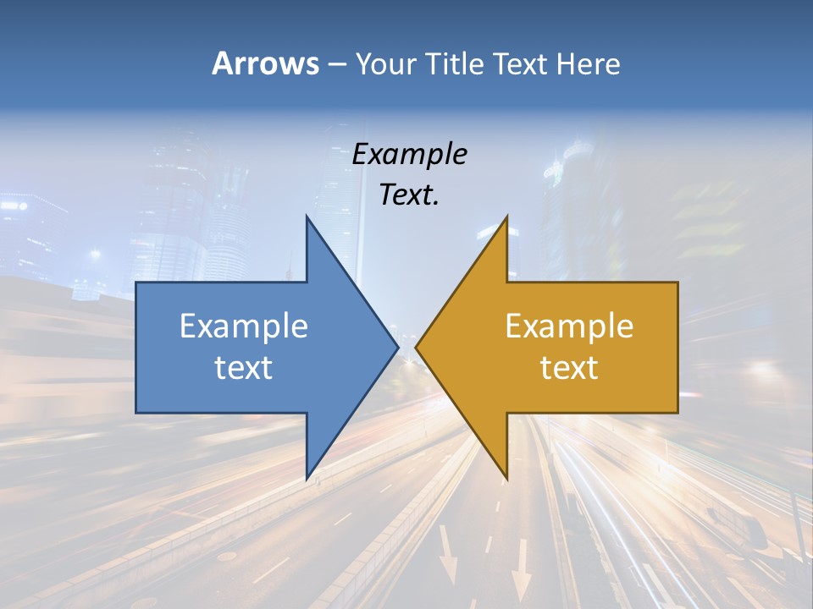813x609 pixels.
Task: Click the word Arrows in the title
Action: tap(266, 63)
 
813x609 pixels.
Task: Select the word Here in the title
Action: tap(588, 63)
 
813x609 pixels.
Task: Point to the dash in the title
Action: tap(336, 64)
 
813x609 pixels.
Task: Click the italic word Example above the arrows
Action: tap(410, 154)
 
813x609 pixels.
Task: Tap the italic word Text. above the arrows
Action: tap(410, 195)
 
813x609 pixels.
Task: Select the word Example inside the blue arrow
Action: tap(244, 326)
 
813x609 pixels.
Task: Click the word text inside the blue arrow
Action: tap(244, 368)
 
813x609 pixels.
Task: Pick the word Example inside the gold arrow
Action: tap(569, 326)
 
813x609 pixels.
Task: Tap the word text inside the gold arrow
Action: tap(569, 368)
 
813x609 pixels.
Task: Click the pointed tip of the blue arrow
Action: tap(398, 347)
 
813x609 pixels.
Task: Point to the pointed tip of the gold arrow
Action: tap(416, 347)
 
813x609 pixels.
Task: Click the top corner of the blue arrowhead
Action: tap(307, 216)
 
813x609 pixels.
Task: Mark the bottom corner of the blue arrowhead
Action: tap(307, 479)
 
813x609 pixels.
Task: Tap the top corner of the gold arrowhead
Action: tap(506, 216)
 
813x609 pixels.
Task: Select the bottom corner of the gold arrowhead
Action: tap(506, 479)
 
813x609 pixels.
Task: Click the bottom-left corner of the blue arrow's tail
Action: tap(136, 413)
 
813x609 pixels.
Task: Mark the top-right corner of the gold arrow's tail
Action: tap(677, 283)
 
